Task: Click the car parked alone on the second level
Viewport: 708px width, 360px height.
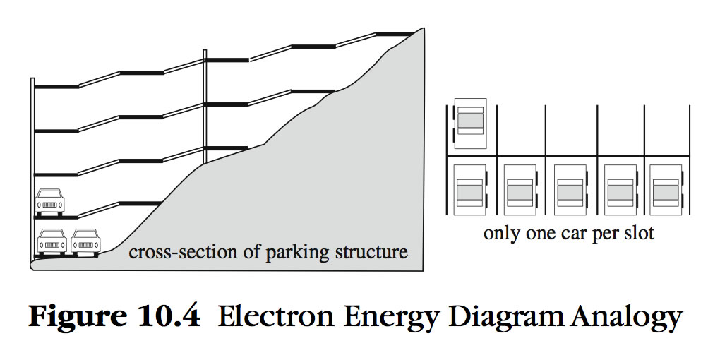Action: [x=50, y=201]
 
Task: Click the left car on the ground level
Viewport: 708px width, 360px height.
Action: [x=51, y=241]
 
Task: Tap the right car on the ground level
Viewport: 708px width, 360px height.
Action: [x=85, y=241]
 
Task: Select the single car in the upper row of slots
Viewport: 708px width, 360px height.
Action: [x=471, y=123]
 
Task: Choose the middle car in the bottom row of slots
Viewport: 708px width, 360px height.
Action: [x=568, y=190]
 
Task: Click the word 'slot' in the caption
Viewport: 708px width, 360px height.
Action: [x=639, y=234]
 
